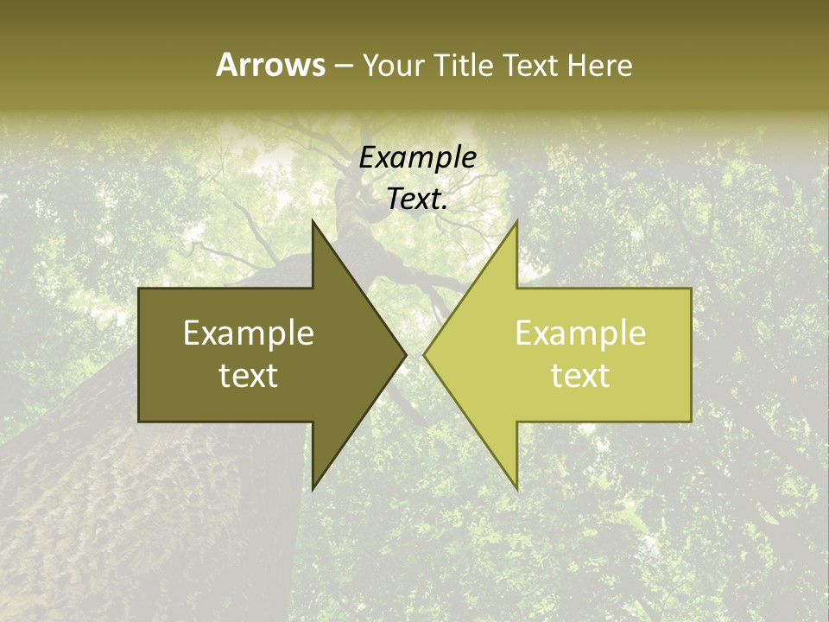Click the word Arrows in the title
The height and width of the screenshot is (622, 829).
click(x=270, y=65)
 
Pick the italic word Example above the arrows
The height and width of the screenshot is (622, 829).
click(x=417, y=157)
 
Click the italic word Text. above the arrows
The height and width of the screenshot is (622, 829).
click(x=415, y=199)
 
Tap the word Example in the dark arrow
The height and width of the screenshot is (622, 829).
click(x=249, y=333)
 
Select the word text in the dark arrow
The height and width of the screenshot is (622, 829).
click(x=249, y=376)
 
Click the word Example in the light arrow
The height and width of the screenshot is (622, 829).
click(x=580, y=333)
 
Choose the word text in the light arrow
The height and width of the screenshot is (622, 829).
click(x=580, y=376)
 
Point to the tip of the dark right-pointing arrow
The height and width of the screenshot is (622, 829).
click(x=406, y=354)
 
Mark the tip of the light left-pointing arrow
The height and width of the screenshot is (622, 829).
click(x=424, y=354)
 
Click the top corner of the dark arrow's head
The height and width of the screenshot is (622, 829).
click(x=313, y=220)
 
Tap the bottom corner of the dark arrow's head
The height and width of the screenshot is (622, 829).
click(x=313, y=489)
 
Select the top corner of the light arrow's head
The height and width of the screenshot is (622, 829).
click(x=517, y=220)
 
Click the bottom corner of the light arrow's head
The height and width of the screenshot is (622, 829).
click(x=517, y=489)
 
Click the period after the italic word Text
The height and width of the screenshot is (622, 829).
click(x=445, y=207)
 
